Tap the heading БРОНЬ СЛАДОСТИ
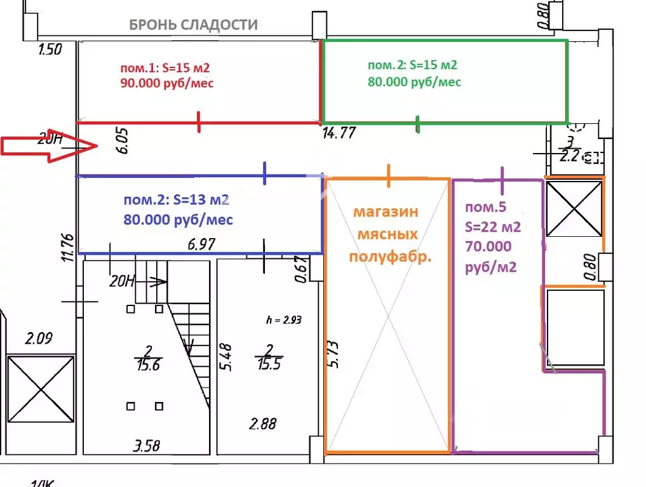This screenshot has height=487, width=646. pos(193,25)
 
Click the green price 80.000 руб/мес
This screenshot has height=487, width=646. pos(414,82)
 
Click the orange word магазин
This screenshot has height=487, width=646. pos(386,211)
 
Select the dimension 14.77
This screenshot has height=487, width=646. pos(339,133)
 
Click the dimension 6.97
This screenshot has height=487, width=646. pos(203,244)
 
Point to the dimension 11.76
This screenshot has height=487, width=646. pos(68,248)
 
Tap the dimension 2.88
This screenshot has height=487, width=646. pos(263,424)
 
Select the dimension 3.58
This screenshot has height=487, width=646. pos(147,444)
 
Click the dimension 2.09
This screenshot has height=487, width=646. pos(39,338)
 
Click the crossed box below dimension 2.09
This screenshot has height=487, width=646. pos(39,389)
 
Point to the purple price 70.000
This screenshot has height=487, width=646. pos(488,246)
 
